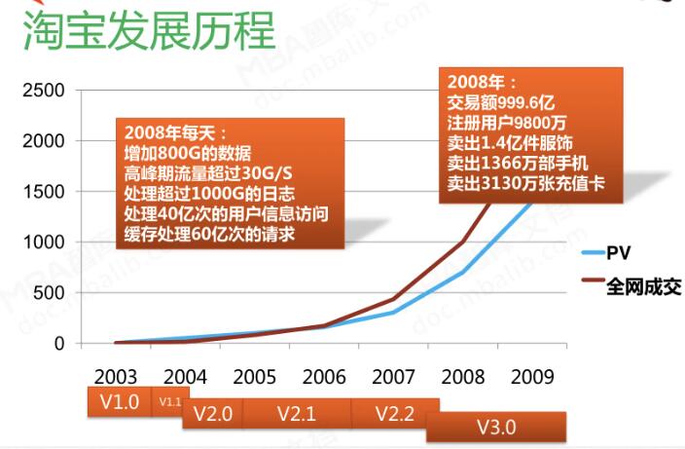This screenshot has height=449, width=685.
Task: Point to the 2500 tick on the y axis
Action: [x=46, y=91]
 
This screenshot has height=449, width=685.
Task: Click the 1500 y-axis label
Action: [x=46, y=192]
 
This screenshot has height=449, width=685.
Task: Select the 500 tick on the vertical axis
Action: [x=53, y=293]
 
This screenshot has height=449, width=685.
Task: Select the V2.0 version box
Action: [x=212, y=413]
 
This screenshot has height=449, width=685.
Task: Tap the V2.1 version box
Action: [x=296, y=413]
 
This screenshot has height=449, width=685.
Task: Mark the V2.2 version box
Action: [x=394, y=413]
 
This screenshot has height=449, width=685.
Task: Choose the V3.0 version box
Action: [x=496, y=427]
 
